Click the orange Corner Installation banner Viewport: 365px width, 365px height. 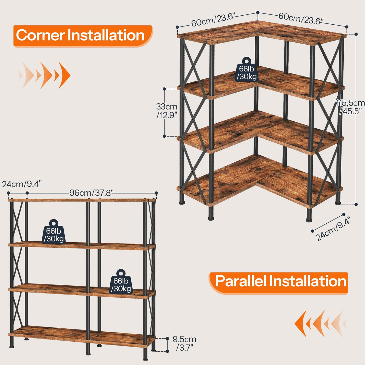[x=82, y=35]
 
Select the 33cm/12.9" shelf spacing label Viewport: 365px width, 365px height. [x=167, y=111]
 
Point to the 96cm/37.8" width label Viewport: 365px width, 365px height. [x=91, y=193]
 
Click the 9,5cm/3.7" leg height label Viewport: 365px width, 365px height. [x=184, y=343]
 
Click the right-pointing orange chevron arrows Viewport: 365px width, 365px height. [x=45, y=75]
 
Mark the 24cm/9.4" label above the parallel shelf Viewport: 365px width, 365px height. [x=22, y=184]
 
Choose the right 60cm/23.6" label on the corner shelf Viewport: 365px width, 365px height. [x=301, y=18]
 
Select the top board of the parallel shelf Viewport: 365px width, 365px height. [x=81, y=200]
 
